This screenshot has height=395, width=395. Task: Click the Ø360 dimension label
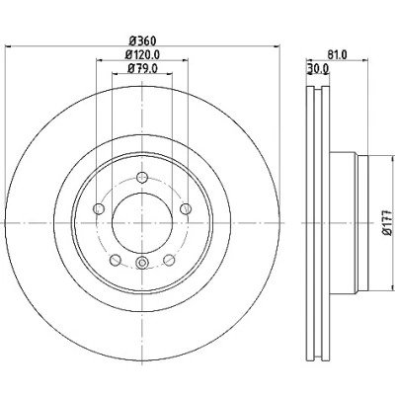point(142,41)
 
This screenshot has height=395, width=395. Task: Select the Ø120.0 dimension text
point(142,54)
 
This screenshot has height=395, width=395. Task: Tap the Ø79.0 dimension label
point(142,68)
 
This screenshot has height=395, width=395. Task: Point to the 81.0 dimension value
point(337,54)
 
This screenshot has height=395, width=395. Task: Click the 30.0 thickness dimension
point(318,68)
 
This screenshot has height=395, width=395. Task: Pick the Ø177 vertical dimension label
point(389,222)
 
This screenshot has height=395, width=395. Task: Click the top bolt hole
point(142,177)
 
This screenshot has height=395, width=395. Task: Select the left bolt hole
point(99,208)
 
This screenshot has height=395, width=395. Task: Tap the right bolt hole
point(186,208)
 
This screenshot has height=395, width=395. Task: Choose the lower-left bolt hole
point(116,260)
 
